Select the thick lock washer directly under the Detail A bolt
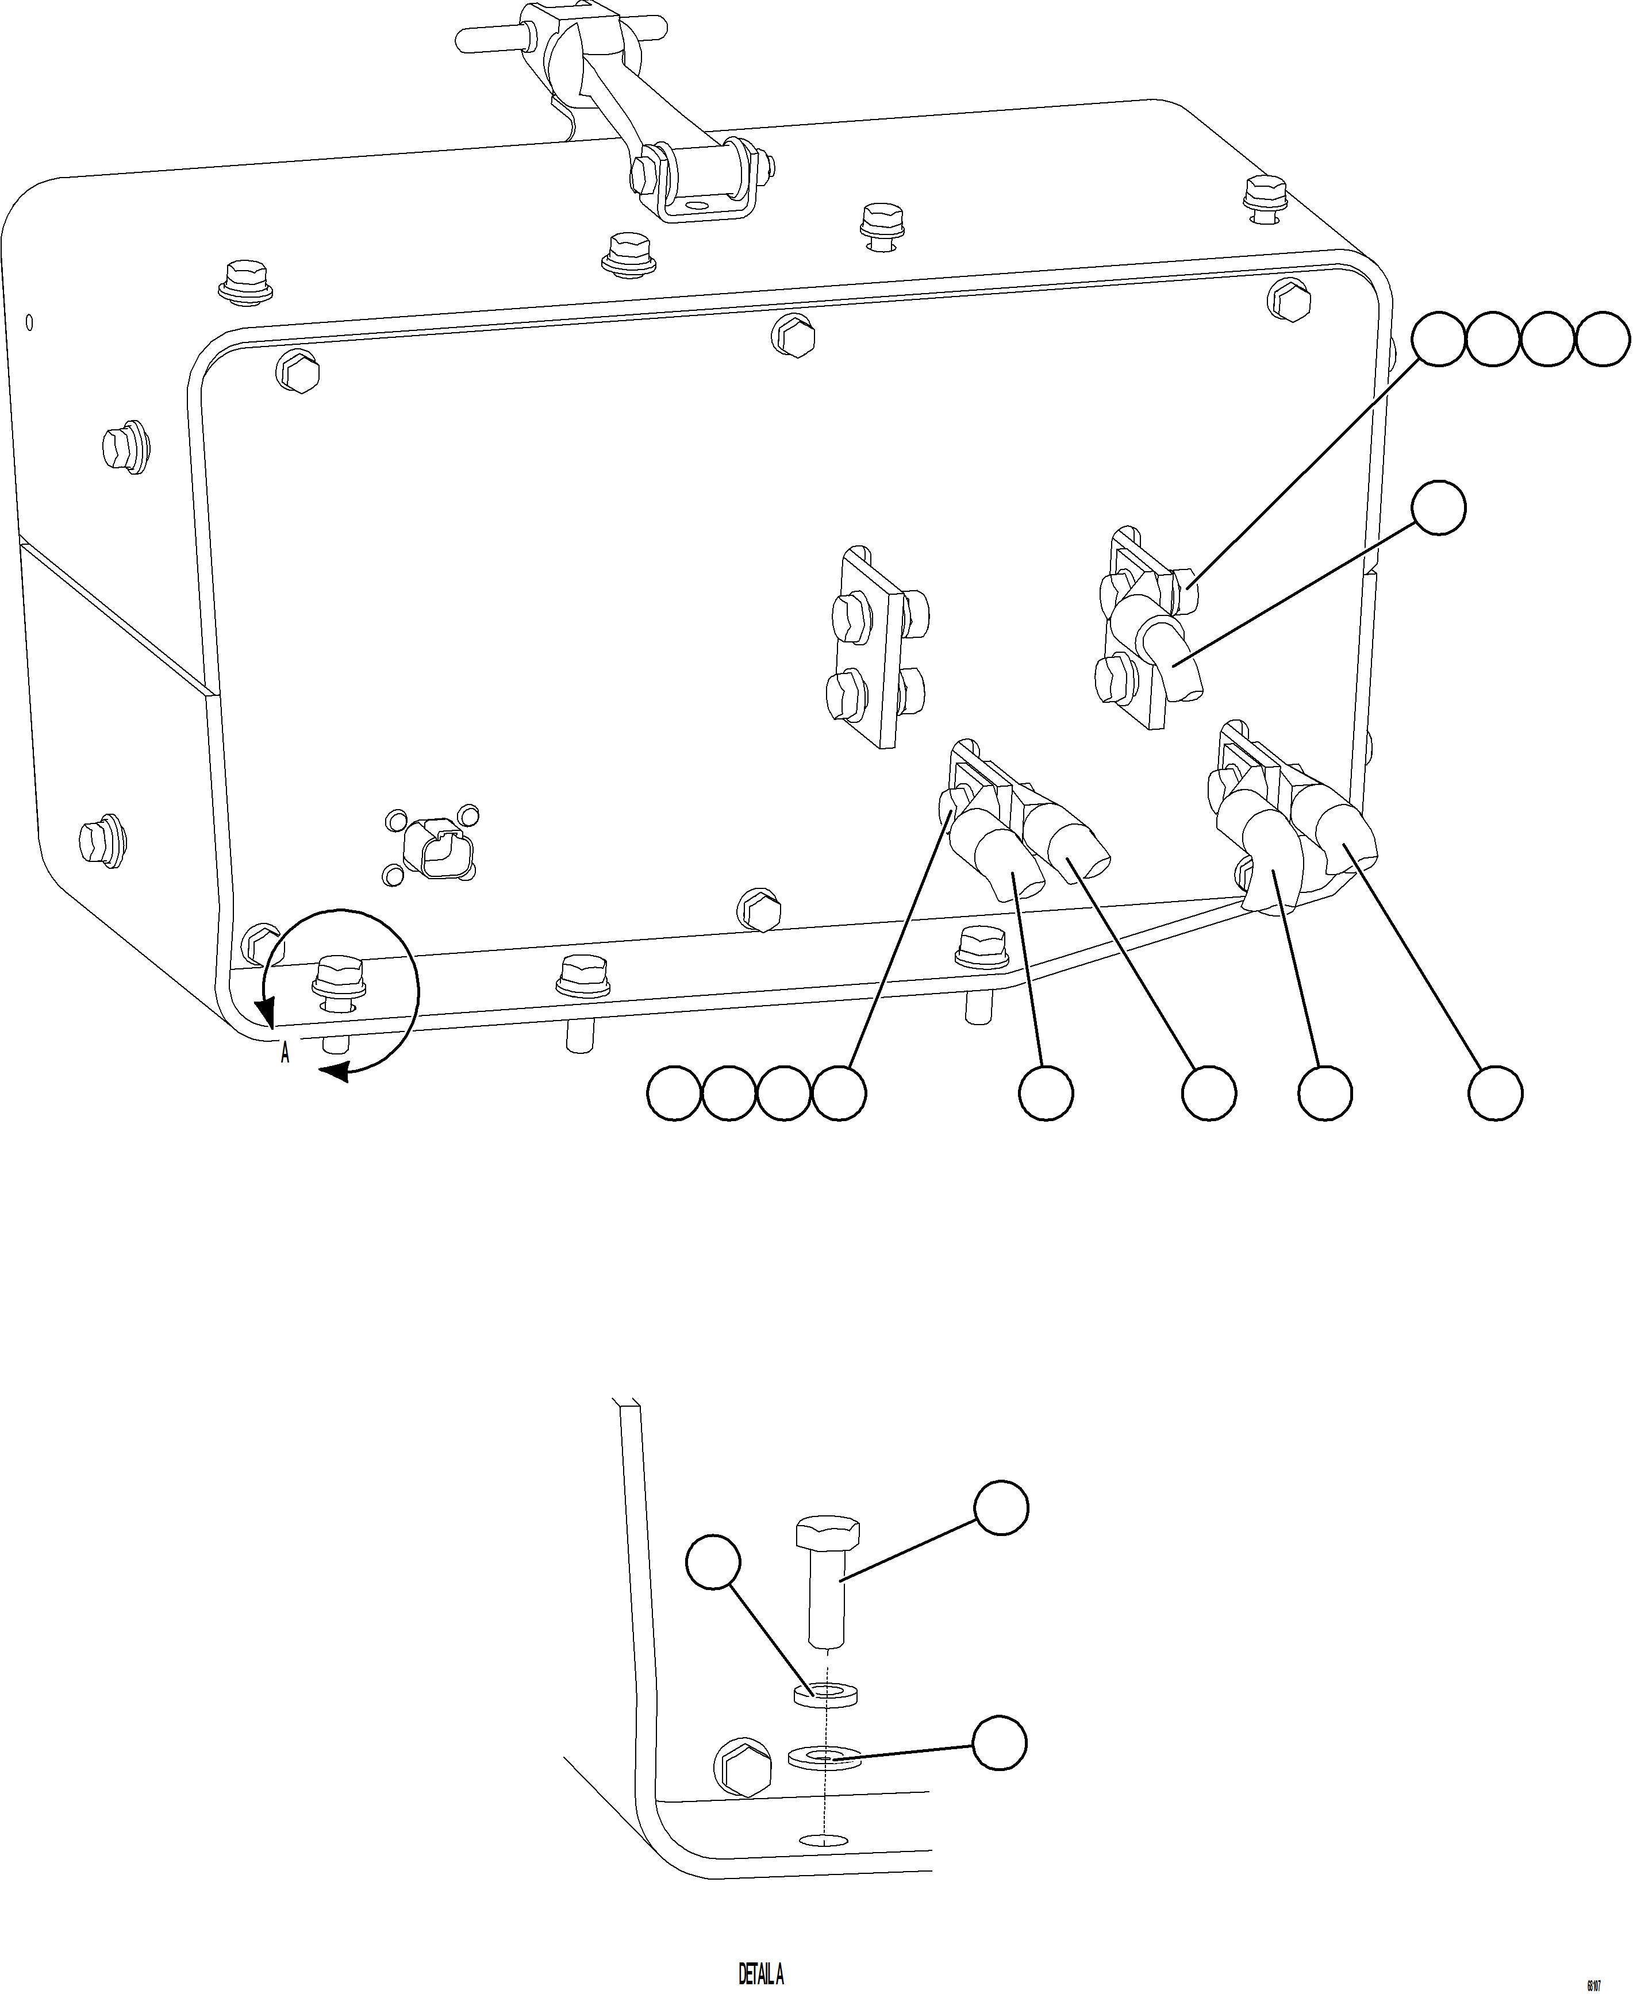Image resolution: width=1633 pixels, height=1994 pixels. pyautogui.click(x=828, y=1695)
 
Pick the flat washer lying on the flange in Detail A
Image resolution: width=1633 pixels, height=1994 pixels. pyautogui.click(x=824, y=1757)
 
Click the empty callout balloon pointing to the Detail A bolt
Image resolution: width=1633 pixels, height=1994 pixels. pyautogui.click(x=1000, y=1508)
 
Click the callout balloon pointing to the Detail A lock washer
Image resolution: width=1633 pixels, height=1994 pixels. pyautogui.click(x=714, y=1563)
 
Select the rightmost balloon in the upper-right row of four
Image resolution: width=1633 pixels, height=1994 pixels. pyautogui.click(x=1603, y=340)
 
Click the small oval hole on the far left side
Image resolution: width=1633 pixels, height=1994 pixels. pyautogui.click(x=30, y=322)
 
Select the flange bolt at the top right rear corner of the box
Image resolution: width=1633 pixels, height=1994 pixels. pyautogui.click(x=1265, y=193)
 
